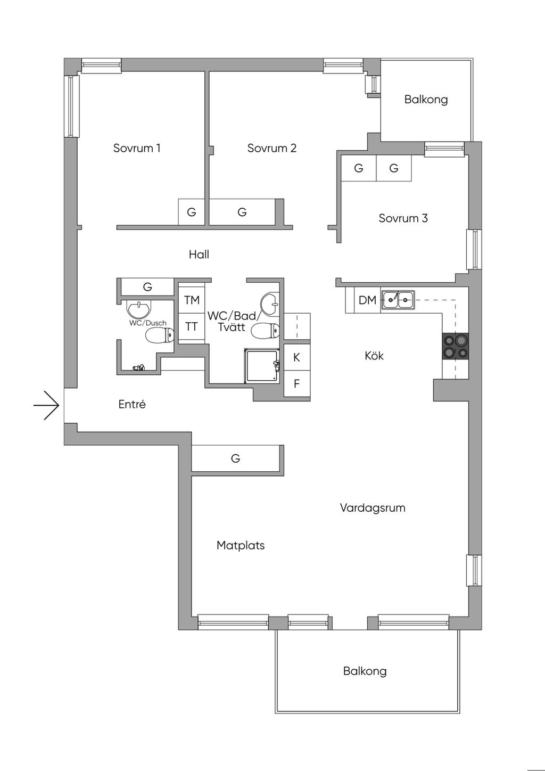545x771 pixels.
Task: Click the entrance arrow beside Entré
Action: click(x=46, y=405)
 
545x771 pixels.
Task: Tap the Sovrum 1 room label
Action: click(x=137, y=148)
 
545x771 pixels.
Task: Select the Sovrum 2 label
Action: click(x=272, y=148)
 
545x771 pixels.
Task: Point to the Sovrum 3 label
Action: click(x=403, y=218)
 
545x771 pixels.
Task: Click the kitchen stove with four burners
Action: click(x=455, y=346)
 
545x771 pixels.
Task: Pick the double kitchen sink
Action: click(x=398, y=299)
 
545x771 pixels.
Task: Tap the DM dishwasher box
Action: click(x=367, y=300)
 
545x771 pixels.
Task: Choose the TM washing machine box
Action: click(x=192, y=300)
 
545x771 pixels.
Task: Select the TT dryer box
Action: click(x=192, y=326)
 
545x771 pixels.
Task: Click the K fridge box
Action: click(x=297, y=357)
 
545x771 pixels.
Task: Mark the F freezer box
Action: click(x=297, y=383)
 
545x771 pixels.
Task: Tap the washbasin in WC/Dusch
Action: click(x=139, y=309)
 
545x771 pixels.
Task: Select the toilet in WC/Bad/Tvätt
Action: click(x=265, y=332)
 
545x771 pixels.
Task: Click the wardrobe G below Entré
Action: click(x=236, y=458)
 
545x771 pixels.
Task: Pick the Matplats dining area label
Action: click(x=241, y=545)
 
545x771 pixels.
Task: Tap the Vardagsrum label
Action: click(x=373, y=507)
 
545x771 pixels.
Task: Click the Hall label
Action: click(x=199, y=255)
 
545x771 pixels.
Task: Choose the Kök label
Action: click(x=374, y=356)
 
